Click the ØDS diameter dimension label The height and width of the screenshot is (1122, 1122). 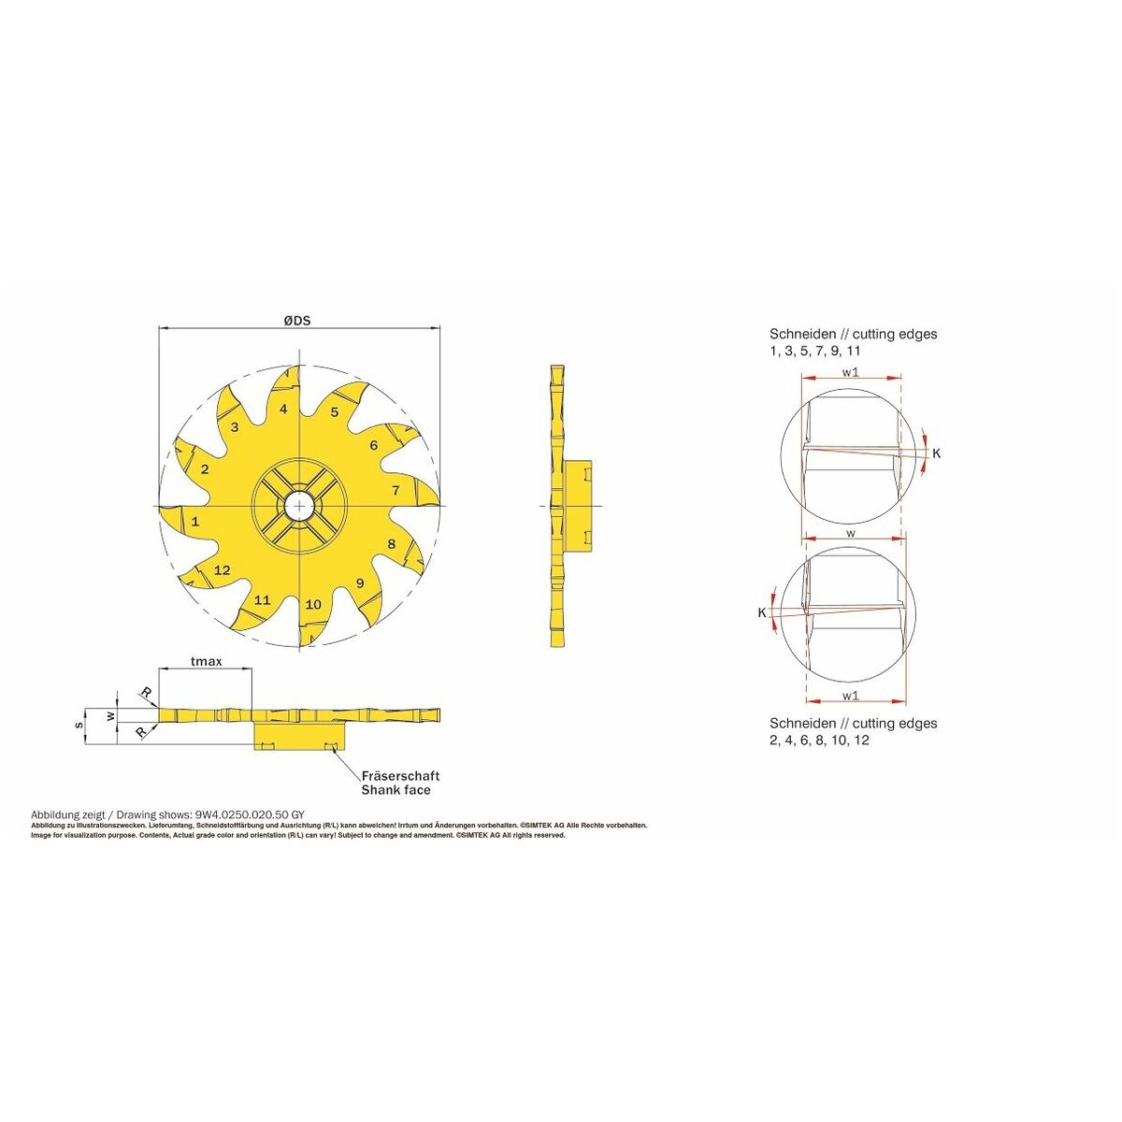tap(297, 321)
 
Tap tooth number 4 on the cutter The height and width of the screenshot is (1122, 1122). tap(283, 410)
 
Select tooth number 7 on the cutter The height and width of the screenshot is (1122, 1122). tap(396, 490)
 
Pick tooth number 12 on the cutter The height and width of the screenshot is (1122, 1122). tap(223, 570)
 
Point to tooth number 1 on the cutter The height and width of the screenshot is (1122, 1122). tap(195, 521)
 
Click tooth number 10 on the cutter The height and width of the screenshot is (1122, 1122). tap(313, 604)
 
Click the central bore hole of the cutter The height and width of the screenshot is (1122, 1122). tap(298, 506)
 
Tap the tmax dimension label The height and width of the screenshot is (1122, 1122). tap(207, 661)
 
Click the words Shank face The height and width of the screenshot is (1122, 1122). tap(396, 789)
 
